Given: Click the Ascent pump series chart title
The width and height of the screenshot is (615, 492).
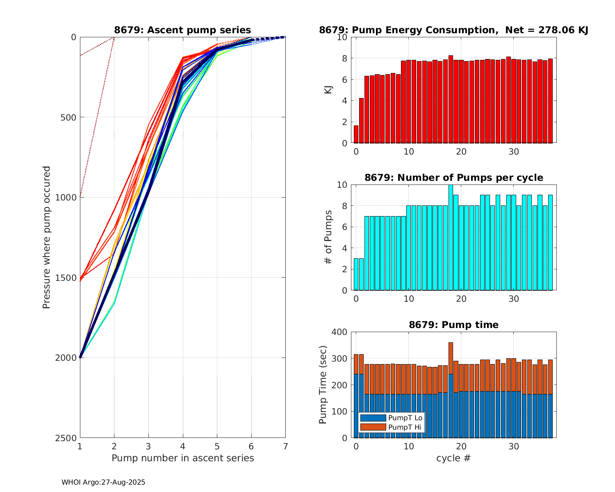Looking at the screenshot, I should click(x=182, y=30).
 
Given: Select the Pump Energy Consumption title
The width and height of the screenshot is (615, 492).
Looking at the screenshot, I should click(x=453, y=30).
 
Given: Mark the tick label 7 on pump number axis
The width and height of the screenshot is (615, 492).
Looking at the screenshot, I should click(x=285, y=446).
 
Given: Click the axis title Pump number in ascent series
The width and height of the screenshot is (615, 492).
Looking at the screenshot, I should click(x=182, y=458).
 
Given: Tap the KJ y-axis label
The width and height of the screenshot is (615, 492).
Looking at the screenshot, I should click(x=328, y=90).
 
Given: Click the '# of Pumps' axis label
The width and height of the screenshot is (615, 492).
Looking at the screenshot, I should click(x=328, y=237).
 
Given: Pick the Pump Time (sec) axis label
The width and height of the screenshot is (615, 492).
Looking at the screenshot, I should click(x=323, y=385).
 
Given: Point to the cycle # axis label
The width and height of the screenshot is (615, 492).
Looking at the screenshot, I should click(x=453, y=458).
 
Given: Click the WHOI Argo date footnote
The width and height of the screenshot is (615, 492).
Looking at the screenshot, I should click(x=103, y=483).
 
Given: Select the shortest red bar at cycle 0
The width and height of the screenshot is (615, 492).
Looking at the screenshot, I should click(x=356, y=134).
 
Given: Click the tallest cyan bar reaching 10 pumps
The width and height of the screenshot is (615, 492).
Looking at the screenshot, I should click(x=451, y=237).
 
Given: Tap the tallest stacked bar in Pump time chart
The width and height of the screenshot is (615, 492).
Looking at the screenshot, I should click(x=451, y=389).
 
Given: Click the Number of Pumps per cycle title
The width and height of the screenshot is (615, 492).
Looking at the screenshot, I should click(x=453, y=178).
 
